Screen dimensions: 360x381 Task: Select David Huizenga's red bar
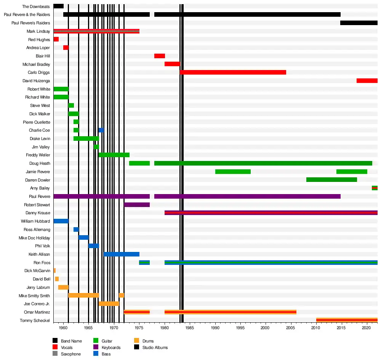click(367, 81)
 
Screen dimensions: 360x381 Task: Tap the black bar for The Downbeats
click(58, 6)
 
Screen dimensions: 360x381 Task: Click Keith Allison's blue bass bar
click(122, 254)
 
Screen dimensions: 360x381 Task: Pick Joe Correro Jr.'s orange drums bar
click(109, 304)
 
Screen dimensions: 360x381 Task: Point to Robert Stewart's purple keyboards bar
click(137, 205)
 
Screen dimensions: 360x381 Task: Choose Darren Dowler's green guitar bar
click(331, 180)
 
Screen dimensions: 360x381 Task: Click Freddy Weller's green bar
click(114, 155)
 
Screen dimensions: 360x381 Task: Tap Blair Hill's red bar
click(160, 56)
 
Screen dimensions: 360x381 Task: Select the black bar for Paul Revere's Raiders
click(359, 23)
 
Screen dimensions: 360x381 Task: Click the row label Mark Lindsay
click(38, 31)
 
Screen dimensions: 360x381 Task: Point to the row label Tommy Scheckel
click(35, 320)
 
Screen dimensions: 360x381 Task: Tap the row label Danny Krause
click(38, 213)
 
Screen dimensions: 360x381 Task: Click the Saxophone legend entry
click(70, 354)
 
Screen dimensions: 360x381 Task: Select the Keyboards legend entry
click(111, 347)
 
